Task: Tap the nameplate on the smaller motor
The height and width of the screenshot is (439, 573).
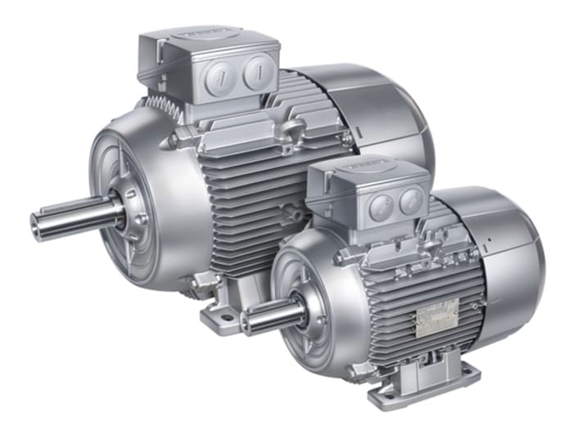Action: (436, 316)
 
